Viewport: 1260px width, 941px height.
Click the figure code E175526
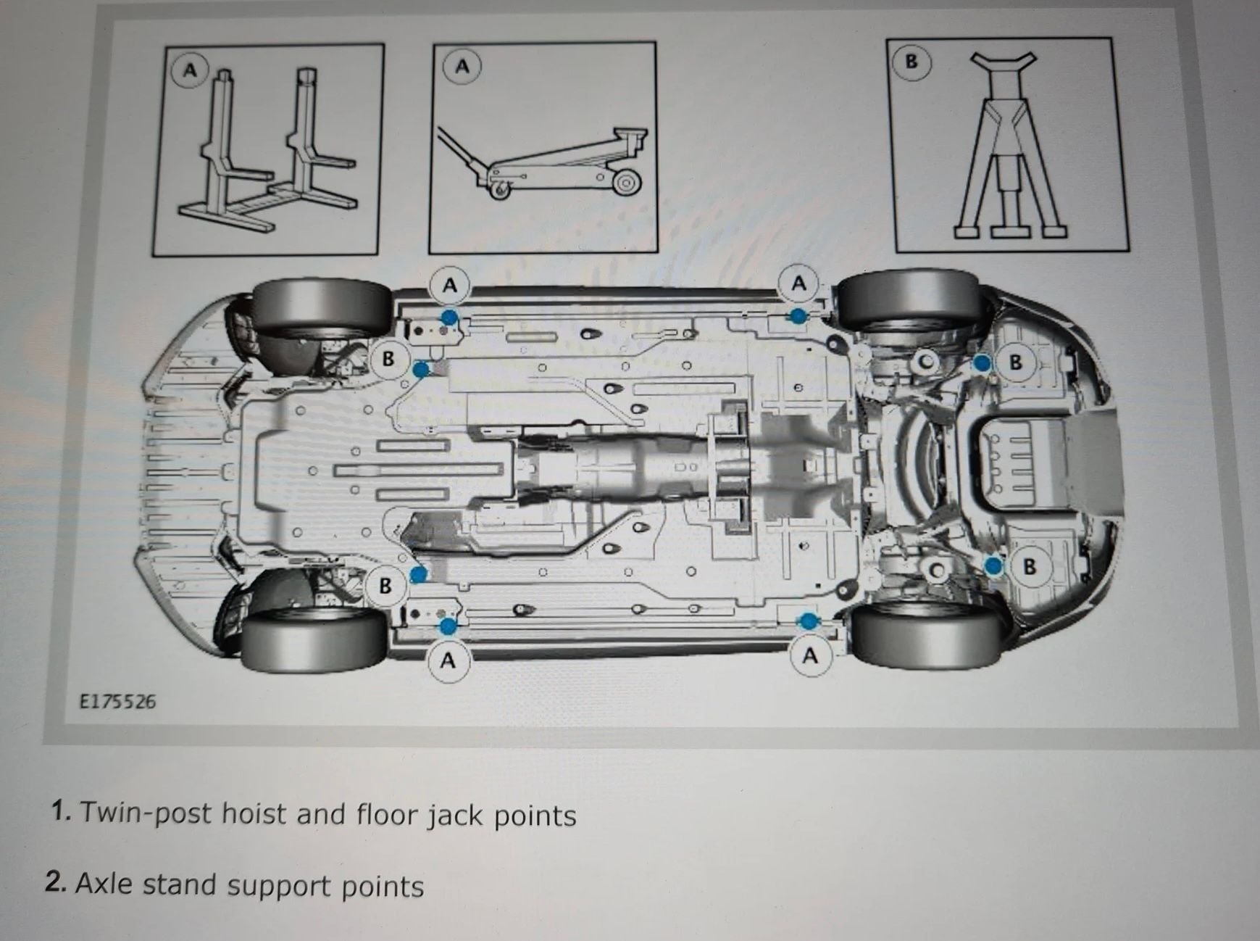click(x=117, y=702)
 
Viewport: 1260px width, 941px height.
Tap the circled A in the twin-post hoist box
click(x=190, y=70)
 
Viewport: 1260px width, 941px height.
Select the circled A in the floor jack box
click(x=462, y=67)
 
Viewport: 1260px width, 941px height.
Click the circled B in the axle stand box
click(x=911, y=62)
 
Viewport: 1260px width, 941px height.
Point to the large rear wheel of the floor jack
click(x=625, y=182)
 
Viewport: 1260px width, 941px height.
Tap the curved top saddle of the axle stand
click(x=1003, y=62)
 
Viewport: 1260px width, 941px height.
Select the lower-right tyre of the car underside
click(x=925, y=637)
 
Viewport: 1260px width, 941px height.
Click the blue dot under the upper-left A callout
click(x=449, y=317)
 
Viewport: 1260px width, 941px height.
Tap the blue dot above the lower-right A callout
click(x=808, y=621)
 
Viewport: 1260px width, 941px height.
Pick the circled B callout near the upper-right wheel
click(x=1015, y=362)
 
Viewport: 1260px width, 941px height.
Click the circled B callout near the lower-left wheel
click(x=385, y=585)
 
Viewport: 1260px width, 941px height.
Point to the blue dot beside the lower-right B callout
click(x=993, y=565)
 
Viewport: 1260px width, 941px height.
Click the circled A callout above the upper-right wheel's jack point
click(x=798, y=283)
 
